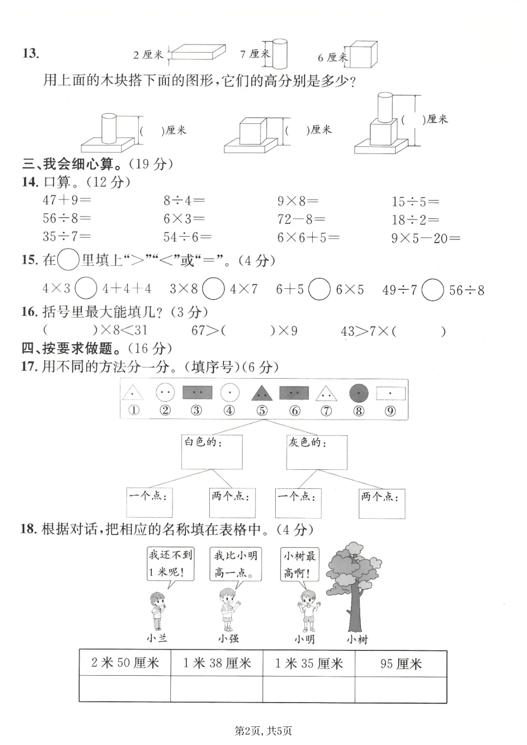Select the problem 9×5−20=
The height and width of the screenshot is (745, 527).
(426, 238)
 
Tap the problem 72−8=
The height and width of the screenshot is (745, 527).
(301, 219)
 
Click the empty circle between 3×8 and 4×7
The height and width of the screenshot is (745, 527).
(213, 289)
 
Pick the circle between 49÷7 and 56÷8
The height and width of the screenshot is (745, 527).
(432, 290)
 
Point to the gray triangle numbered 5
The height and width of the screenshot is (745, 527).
(262, 392)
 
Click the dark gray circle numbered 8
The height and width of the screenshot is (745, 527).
(359, 393)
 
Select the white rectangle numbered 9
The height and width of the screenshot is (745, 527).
(390, 393)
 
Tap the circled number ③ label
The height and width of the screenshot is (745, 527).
(196, 410)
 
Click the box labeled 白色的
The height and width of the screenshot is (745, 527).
(212, 452)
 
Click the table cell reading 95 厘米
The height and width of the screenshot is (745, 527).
(401, 664)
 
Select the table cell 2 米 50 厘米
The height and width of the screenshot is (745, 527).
(125, 663)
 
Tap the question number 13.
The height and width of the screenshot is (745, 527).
(30, 53)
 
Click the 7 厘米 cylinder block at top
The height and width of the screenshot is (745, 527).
(279, 54)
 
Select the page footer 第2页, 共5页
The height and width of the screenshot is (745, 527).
(263, 730)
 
